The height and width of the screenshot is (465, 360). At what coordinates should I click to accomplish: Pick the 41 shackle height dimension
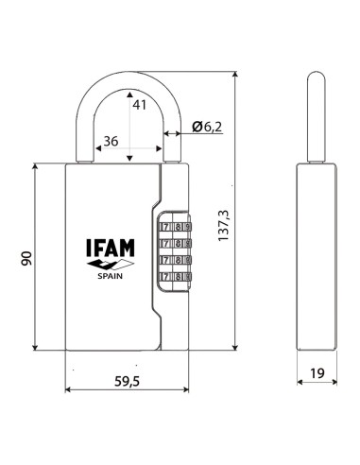139,106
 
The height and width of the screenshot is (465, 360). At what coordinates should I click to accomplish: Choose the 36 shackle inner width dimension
109,140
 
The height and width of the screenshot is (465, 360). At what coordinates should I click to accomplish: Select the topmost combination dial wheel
176,227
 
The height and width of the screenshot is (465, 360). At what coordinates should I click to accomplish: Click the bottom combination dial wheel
176,276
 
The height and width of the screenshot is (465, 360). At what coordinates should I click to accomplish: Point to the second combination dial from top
176,243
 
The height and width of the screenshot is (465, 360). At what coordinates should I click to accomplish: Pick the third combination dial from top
176,259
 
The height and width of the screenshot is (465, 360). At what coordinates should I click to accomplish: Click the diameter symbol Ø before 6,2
194,128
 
